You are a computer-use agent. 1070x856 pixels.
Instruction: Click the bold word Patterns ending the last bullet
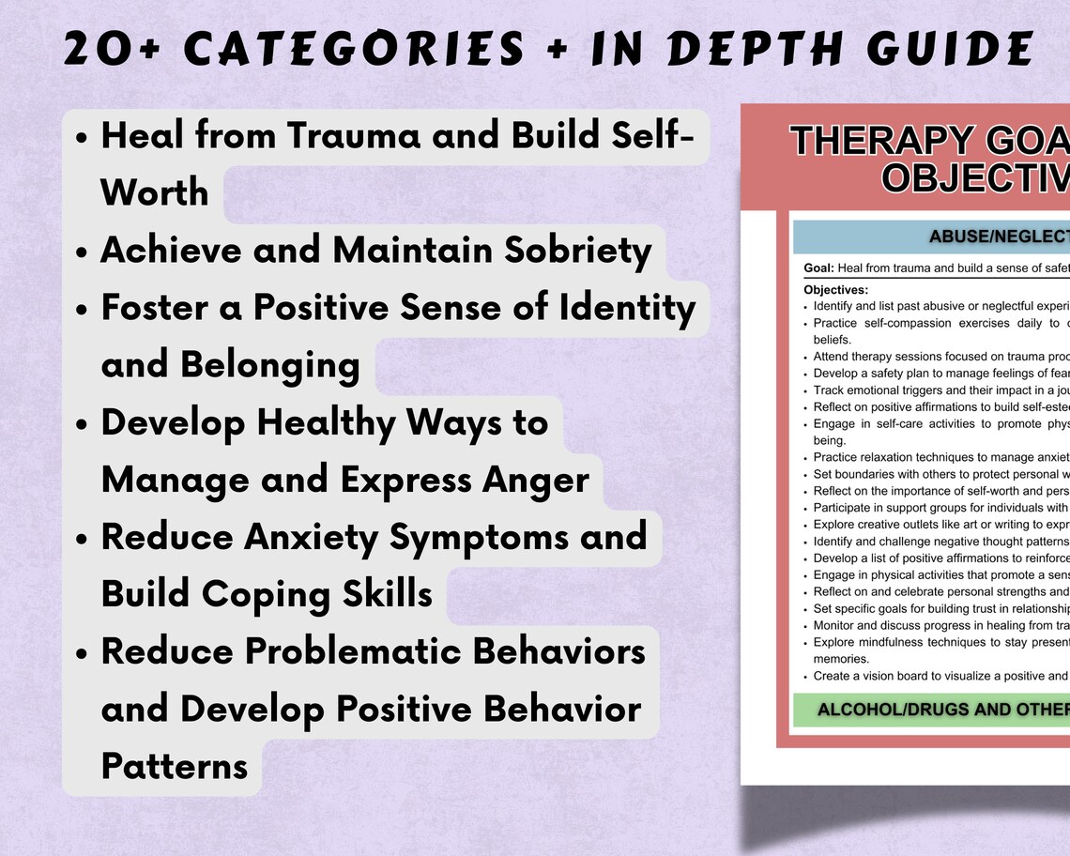pyautogui.click(x=175, y=766)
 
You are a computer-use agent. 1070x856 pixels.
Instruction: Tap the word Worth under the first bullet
pyautogui.click(x=155, y=192)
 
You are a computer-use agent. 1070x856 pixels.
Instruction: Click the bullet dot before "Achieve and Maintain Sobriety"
pyautogui.click(x=82, y=252)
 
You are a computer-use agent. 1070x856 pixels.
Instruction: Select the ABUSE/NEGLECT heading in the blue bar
pyautogui.click(x=999, y=237)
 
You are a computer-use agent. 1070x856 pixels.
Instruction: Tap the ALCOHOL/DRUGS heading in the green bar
pyautogui.click(x=942, y=710)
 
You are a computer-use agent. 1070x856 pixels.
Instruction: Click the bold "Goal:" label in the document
pyautogui.click(x=819, y=268)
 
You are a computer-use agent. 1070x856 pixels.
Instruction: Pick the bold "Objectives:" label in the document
pyautogui.click(x=836, y=290)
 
